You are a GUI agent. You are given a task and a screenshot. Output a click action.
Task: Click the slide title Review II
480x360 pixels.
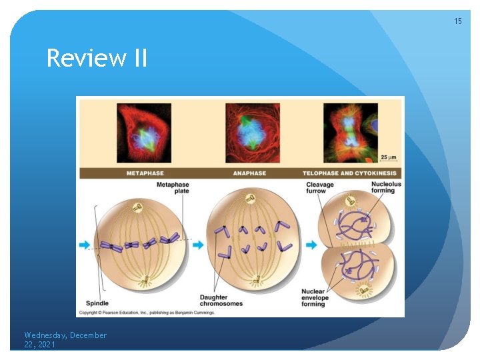[97, 59]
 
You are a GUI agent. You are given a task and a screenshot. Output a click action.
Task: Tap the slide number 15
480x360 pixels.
[457, 21]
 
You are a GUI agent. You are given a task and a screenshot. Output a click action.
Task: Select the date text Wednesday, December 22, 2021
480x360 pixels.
[65, 340]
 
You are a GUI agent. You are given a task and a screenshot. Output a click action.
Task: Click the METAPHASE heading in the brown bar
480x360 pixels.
[145, 173]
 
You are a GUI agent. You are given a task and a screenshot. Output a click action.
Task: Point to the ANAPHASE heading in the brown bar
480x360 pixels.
[249, 173]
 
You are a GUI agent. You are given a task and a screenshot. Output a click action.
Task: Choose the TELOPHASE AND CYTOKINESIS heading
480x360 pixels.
[349, 173]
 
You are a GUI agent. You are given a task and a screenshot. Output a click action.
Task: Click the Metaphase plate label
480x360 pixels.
[173, 187]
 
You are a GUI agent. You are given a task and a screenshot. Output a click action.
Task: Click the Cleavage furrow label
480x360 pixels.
[317, 188]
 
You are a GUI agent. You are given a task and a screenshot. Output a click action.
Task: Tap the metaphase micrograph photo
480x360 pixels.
[144, 133]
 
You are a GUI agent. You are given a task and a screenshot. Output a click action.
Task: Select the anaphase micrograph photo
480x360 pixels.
[252, 133]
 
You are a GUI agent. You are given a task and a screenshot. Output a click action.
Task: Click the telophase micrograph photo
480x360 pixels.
[349, 133]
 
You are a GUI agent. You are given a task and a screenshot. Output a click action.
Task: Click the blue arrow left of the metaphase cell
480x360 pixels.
[85, 245]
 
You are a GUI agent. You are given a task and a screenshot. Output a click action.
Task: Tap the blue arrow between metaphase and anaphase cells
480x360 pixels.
[198, 245]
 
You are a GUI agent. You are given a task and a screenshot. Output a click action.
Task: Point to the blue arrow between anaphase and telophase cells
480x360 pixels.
[311, 245]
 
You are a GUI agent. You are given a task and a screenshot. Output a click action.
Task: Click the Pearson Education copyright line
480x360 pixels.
[144, 312]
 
